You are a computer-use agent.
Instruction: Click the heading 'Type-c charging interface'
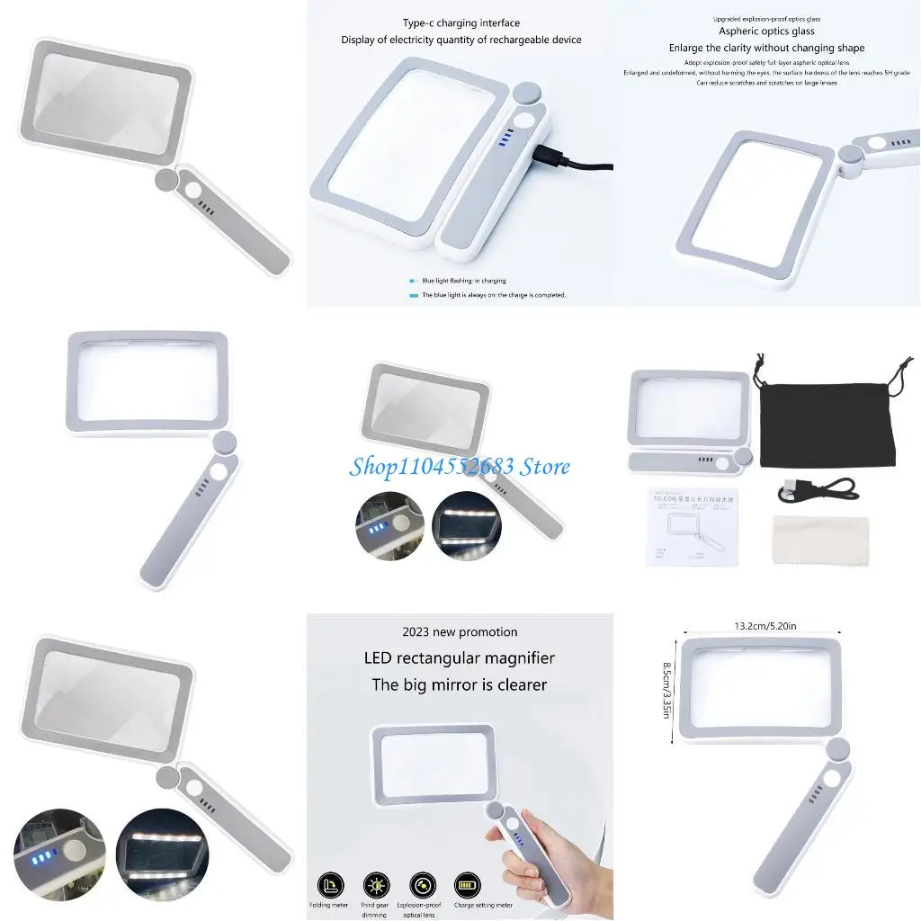(x=460, y=23)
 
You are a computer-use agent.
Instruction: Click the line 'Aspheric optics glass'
(x=766, y=31)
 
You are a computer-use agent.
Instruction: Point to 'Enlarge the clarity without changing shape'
(x=766, y=48)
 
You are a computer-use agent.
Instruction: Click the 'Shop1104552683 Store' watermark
(x=460, y=466)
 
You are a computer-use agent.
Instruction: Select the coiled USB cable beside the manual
(x=814, y=488)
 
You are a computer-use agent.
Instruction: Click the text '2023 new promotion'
(x=460, y=632)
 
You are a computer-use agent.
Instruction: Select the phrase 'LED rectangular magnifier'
(x=460, y=658)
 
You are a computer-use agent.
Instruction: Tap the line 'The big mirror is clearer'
(x=460, y=684)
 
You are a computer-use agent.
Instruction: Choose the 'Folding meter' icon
(x=330, y=884)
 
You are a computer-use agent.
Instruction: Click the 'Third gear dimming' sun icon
(x=376, y=884)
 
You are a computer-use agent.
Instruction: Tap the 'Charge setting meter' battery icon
(x=468, y=884)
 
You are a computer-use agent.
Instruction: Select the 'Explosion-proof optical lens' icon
(x=422, y=884)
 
